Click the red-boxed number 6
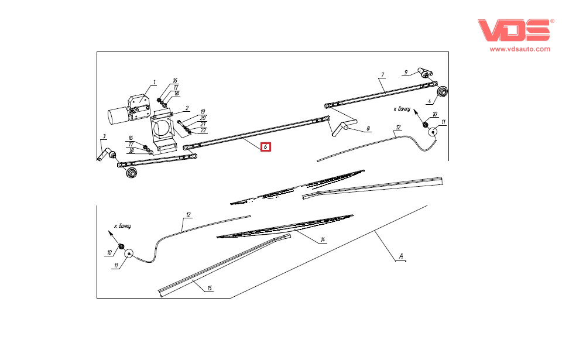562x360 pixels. tap(266, 147)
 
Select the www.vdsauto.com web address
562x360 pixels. tap(520, 50)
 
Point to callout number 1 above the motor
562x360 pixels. tap(155, 83)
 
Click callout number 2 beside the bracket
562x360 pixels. tap(187, 108)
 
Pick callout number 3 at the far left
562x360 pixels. tap(104, 137)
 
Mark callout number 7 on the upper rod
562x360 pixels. tap(382, 76)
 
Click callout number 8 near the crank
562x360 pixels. tap(368, 128)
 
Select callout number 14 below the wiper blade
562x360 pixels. tap(322, 240)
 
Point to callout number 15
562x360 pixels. tap(210, 288)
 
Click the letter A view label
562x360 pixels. tap(401, 256)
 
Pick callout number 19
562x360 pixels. tap(203, 112)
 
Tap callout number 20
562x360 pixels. tap(203, 118)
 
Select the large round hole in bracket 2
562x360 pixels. tap(163, 127)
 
